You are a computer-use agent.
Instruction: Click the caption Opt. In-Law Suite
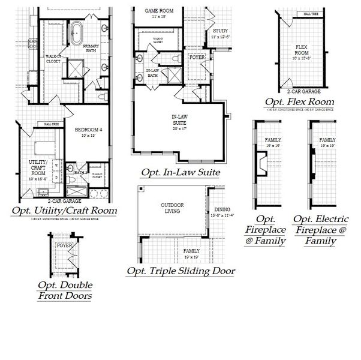(180, 173)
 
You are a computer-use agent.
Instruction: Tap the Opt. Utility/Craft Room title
(64, 211)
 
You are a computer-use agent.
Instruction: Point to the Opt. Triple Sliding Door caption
(180, 271)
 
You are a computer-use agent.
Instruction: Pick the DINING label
(222, 211)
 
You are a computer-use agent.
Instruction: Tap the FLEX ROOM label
(302, 50)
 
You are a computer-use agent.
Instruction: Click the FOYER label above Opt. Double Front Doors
(64, 246)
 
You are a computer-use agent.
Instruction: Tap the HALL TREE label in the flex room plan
(311, 13)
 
